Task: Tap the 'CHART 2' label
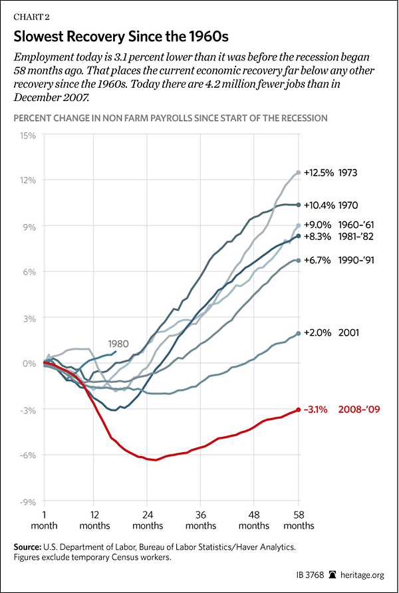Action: [x=27, y=9]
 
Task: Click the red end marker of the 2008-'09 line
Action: [x=298, y=410]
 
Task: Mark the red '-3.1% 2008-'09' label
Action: [x=341, y=410]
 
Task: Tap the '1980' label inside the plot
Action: [x=118, y=344]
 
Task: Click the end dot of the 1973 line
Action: [x=298, y=173]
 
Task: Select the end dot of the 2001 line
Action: [x=298, y=333]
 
